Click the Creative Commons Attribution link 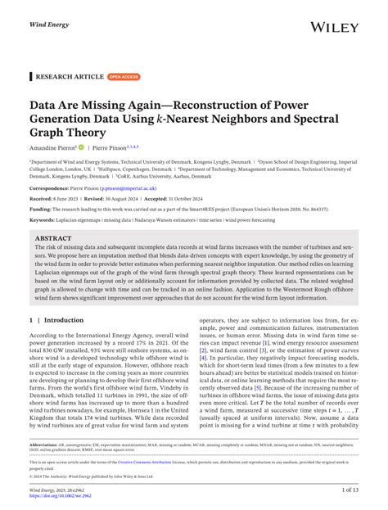[172, 463]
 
